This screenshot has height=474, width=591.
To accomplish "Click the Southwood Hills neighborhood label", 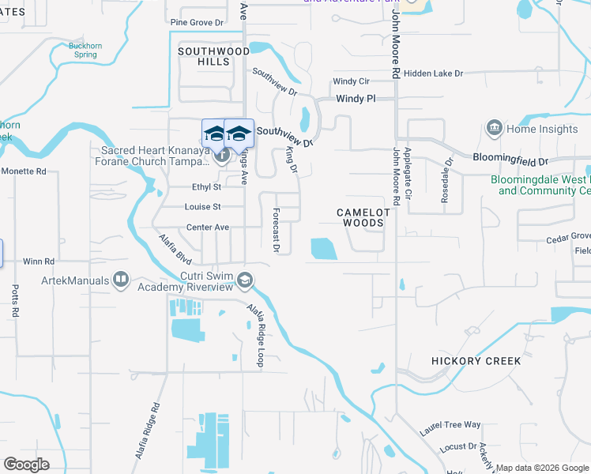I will [x=203, y=56].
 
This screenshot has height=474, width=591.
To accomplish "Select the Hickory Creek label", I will [x=476, y=361].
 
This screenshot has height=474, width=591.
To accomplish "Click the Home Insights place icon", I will [x=495, y=129].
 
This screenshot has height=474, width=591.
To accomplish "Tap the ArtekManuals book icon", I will [x=121, y=279].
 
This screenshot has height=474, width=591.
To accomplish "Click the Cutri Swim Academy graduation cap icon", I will [x=245, y=280].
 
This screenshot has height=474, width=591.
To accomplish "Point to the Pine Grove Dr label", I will [x=198, y=22].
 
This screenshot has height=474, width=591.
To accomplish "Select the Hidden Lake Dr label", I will [x=433, y=73].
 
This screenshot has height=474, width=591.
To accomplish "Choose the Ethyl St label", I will [x=207, y=187].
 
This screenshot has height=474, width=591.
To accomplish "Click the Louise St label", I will [x=204, y=207].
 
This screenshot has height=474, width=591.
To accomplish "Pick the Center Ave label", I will [x=207, y=228].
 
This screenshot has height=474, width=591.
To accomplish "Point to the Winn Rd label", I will [x=39, y=261].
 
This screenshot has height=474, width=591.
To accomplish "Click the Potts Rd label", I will [x=15, y=303].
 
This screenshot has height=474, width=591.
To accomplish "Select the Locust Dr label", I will [x=453, y=447].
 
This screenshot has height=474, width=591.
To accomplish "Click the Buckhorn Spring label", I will [x=85, y=51].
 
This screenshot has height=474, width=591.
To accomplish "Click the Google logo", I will [x=26, y=465].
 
